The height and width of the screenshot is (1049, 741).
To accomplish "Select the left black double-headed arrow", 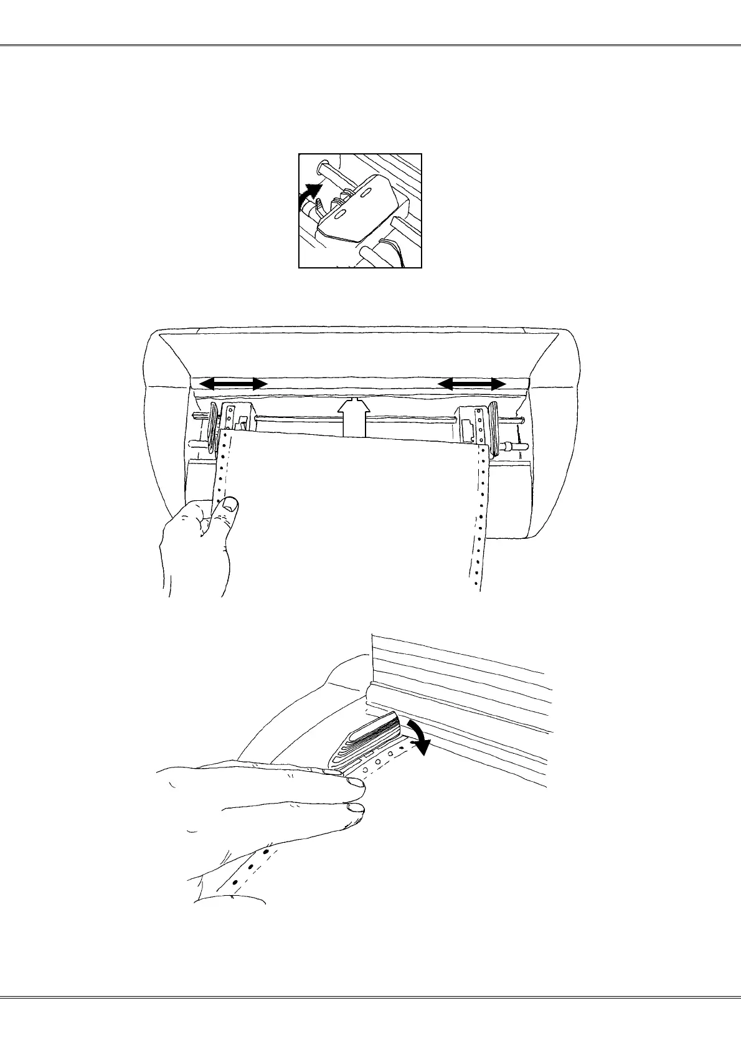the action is tap(232, 385).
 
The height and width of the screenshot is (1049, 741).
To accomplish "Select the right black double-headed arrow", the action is tap(472, 385).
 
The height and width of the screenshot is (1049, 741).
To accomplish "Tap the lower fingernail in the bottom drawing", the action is tap(356, 809).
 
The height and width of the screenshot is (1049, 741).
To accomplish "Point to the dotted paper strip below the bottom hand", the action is tap(252, 866).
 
